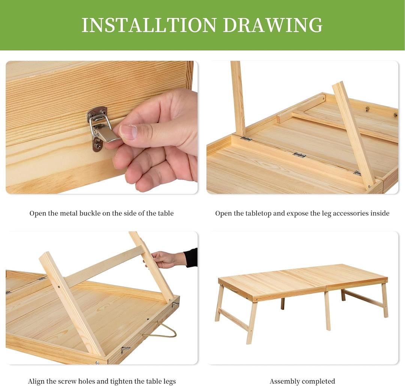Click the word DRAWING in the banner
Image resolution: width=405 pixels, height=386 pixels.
click(x=273, y=25)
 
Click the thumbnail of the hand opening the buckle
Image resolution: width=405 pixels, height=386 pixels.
click(x=102, y=127)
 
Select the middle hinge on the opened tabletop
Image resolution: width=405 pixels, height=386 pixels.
click(x=299, y=155)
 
